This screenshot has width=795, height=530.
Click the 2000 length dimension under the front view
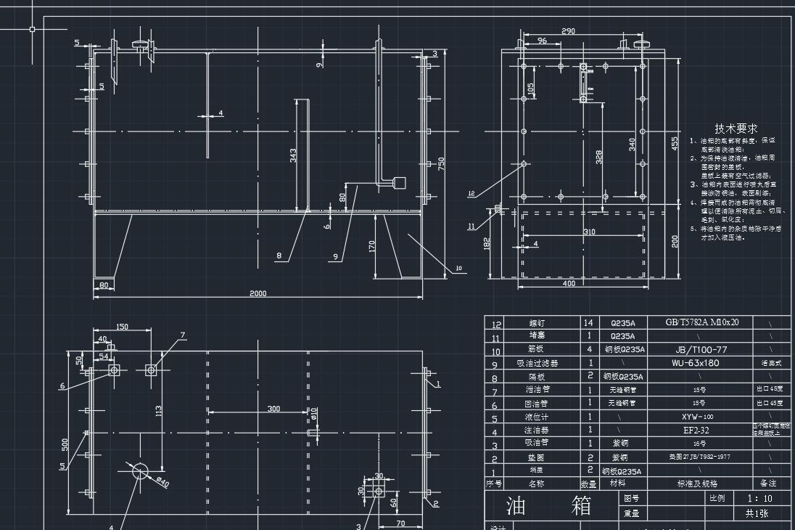(x=258, y=293)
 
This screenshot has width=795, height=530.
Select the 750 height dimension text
(x=440, y=165)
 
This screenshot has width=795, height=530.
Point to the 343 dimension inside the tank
(x=293, y=155)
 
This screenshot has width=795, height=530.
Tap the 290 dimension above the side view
(x=569, y=31)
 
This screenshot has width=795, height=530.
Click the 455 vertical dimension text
(x=674, y=144)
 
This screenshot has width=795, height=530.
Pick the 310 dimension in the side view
(x=588, y=232)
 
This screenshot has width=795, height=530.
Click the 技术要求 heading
(x=736, y=129)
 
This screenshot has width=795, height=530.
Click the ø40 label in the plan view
(x=161, y=481)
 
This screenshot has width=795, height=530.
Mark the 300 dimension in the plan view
(x=273, y=409)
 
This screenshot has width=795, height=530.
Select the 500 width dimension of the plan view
(x=65, y=443)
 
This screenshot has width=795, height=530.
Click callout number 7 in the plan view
(x=183, y=335)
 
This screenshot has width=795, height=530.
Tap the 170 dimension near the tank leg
(x=372, y=246)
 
